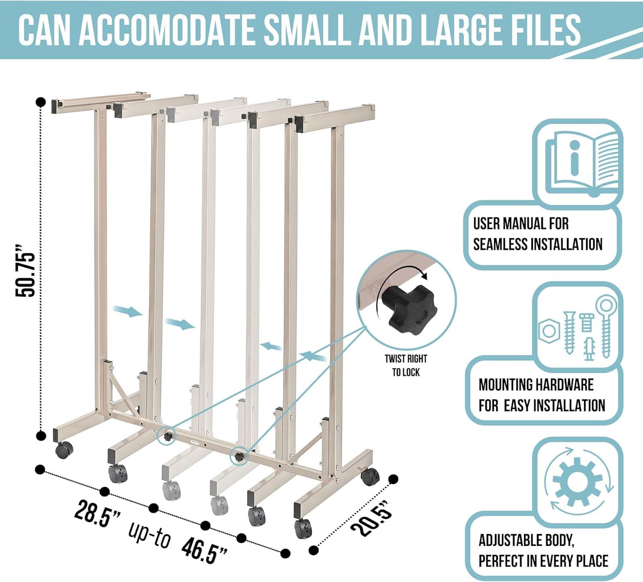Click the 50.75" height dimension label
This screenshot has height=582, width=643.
[x=24, y=270]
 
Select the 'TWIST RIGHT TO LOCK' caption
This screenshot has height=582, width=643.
[x=406, y=365]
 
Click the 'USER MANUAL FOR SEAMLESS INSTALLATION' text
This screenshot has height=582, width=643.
[x=538, y=234]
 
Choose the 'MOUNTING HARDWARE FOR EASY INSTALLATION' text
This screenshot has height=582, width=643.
[x=541, y=395]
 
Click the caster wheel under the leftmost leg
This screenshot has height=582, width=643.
[x=64, y=450]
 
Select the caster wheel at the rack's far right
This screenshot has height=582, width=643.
[x=370, y=476]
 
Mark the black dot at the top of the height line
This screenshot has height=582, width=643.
[x=41, y=102]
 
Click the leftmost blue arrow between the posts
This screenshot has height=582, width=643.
[x=127, y=311]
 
